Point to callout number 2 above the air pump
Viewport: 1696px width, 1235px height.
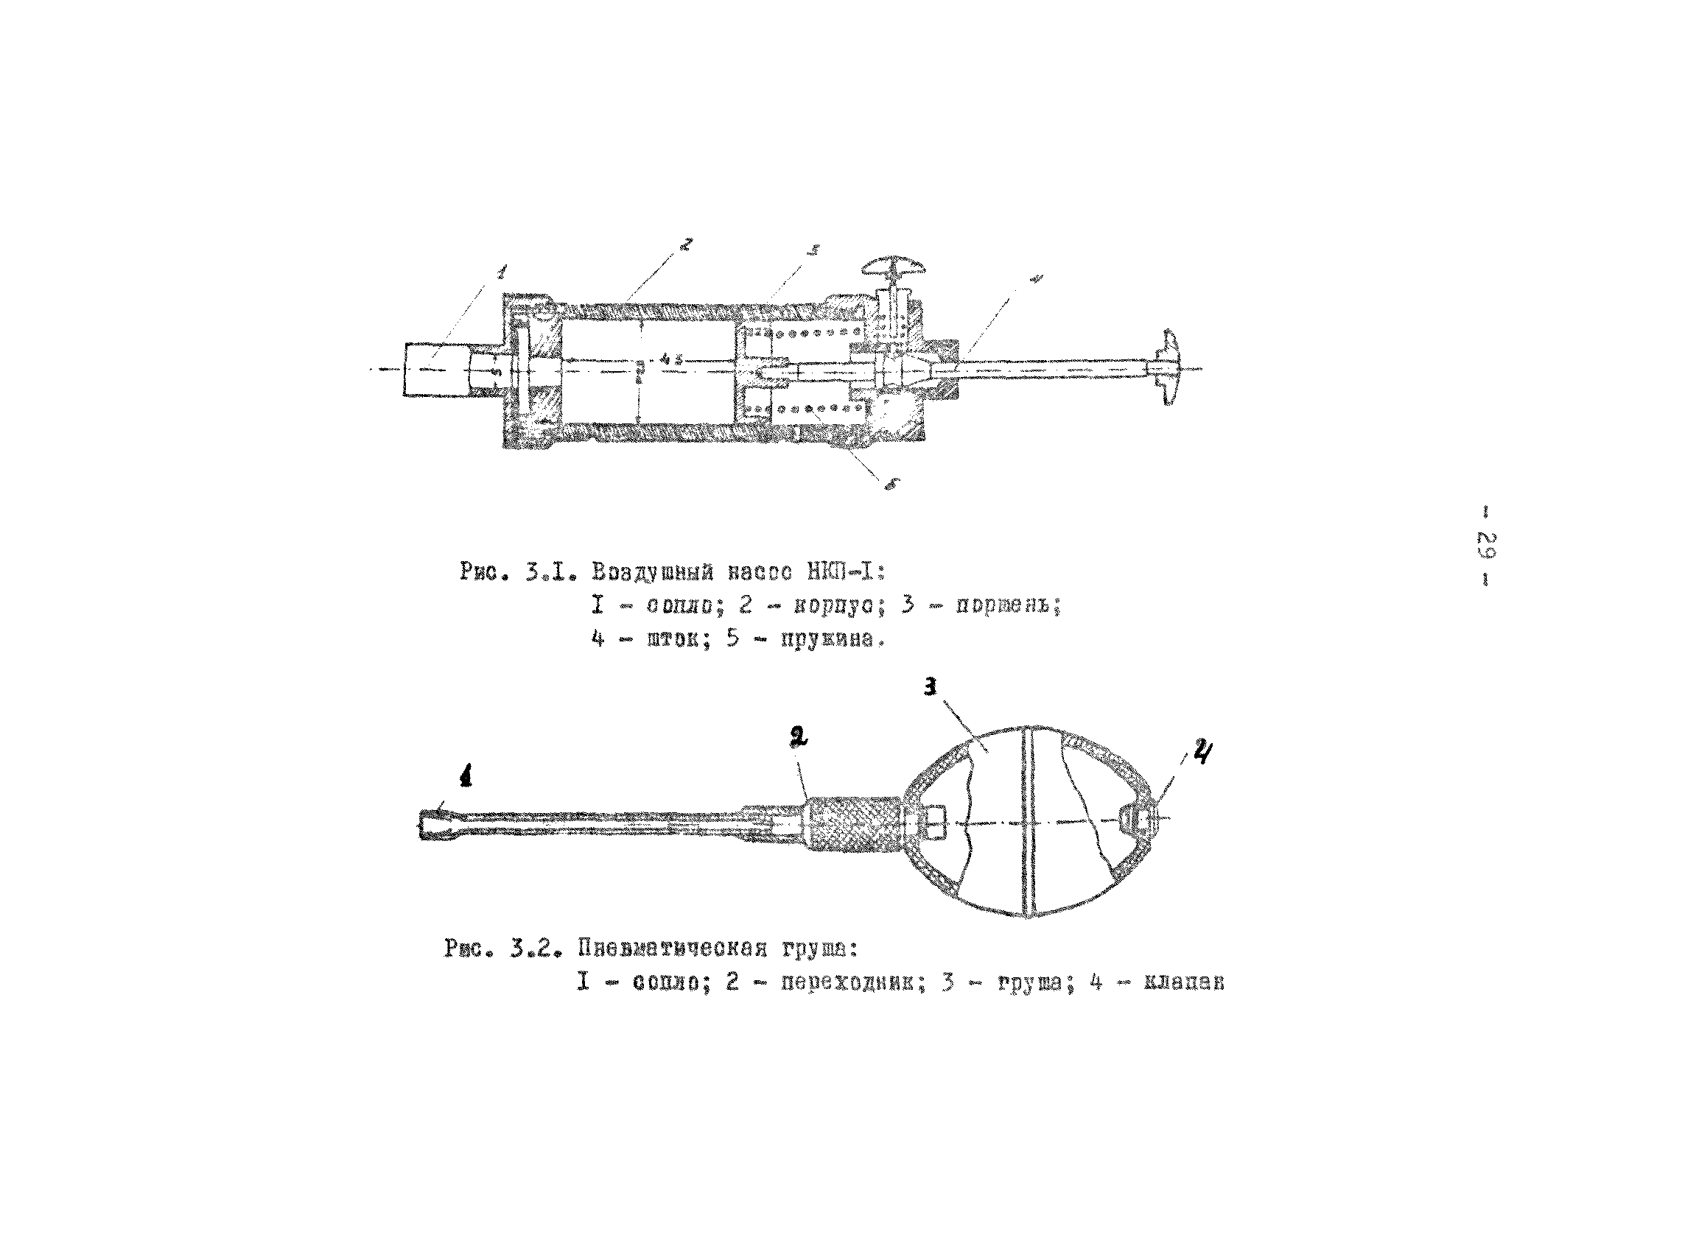coord(686,243)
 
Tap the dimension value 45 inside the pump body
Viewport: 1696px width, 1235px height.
coord(670,357)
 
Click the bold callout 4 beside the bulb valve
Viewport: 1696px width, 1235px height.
coord(1201,751)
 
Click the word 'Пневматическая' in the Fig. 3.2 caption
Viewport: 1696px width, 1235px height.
coord(672,949)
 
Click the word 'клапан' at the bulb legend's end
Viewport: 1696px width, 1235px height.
coord(1184,983)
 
